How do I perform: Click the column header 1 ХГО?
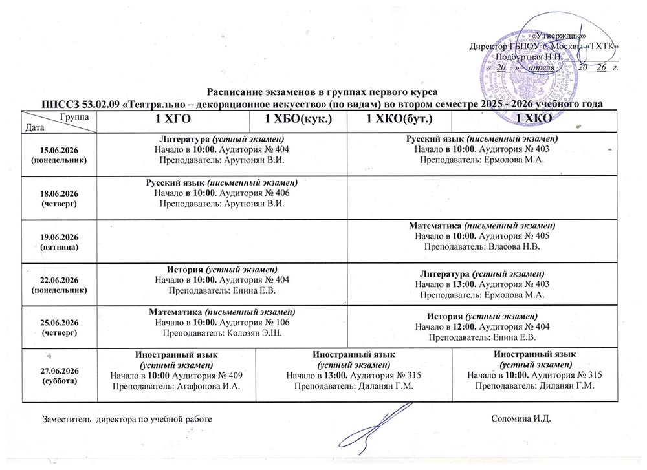pyautogui.click(x=173, y=120)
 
